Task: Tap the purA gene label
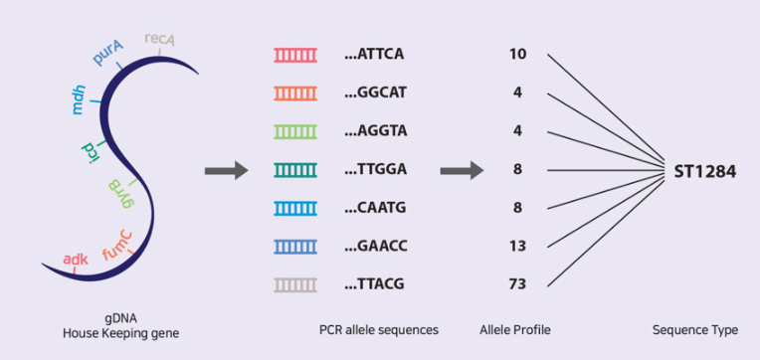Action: pos(108,53)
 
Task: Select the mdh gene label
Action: pos(78,99)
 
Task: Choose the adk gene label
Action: pos(76,260)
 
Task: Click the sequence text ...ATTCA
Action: pos(374,55)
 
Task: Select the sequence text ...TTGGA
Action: pos(375,170)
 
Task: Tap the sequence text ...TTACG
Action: pos(374,284)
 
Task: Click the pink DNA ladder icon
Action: pos(295,55)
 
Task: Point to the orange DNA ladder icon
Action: pos(295,93)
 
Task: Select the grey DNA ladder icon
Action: pos(295,284)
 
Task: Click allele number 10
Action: pos(517,55)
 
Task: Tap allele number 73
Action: pos(517,284)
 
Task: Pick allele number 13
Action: pos(517,247)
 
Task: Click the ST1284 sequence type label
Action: pos(705,171)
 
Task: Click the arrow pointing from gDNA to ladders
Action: pos(227,170)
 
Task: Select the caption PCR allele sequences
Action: pos(379,330)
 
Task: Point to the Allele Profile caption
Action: pos(515,330)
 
